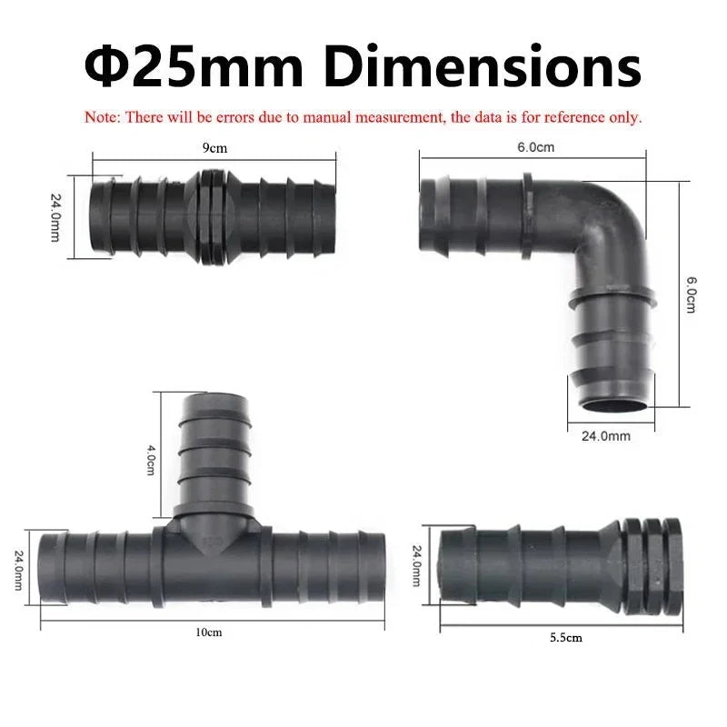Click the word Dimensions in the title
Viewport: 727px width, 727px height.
[483, 66]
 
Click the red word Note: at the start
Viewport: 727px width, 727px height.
[103, 117]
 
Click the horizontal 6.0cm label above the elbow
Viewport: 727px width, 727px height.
[535, 147]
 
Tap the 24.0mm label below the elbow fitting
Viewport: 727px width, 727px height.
[605, 436]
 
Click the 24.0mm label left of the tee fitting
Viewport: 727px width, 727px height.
[17, 567]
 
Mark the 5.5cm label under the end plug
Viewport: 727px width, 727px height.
[565, 638]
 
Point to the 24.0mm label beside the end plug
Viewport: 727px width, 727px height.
[418, 564]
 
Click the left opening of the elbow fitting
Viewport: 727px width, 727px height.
[426, 217]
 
